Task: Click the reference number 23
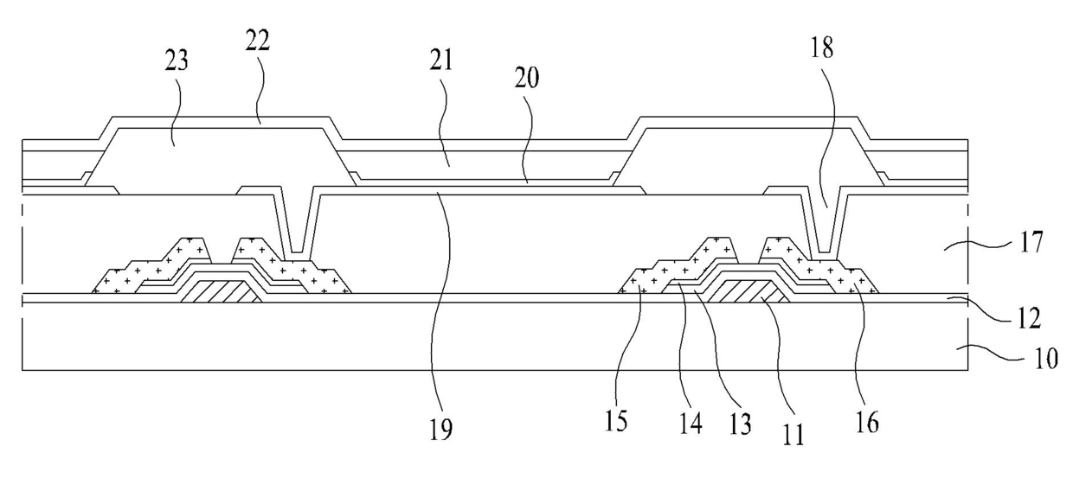[x=177, y=61]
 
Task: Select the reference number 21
[x=441, y=61]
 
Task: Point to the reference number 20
[x=527, y=78]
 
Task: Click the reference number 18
[x=822, y=48]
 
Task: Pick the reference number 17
[x=1031, y=242]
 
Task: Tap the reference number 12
[x=1030, y=318]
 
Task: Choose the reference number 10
[x=1046, y=359]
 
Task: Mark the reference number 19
[x=440, y=429]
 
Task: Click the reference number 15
[x=615, y=422]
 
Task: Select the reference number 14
[x=691, y=424]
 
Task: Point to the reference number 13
[x=740, y=424]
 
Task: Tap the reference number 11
[x=794, y=435]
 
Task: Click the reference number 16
[x=868, y=423]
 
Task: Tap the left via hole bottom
[x=298, y=252]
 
